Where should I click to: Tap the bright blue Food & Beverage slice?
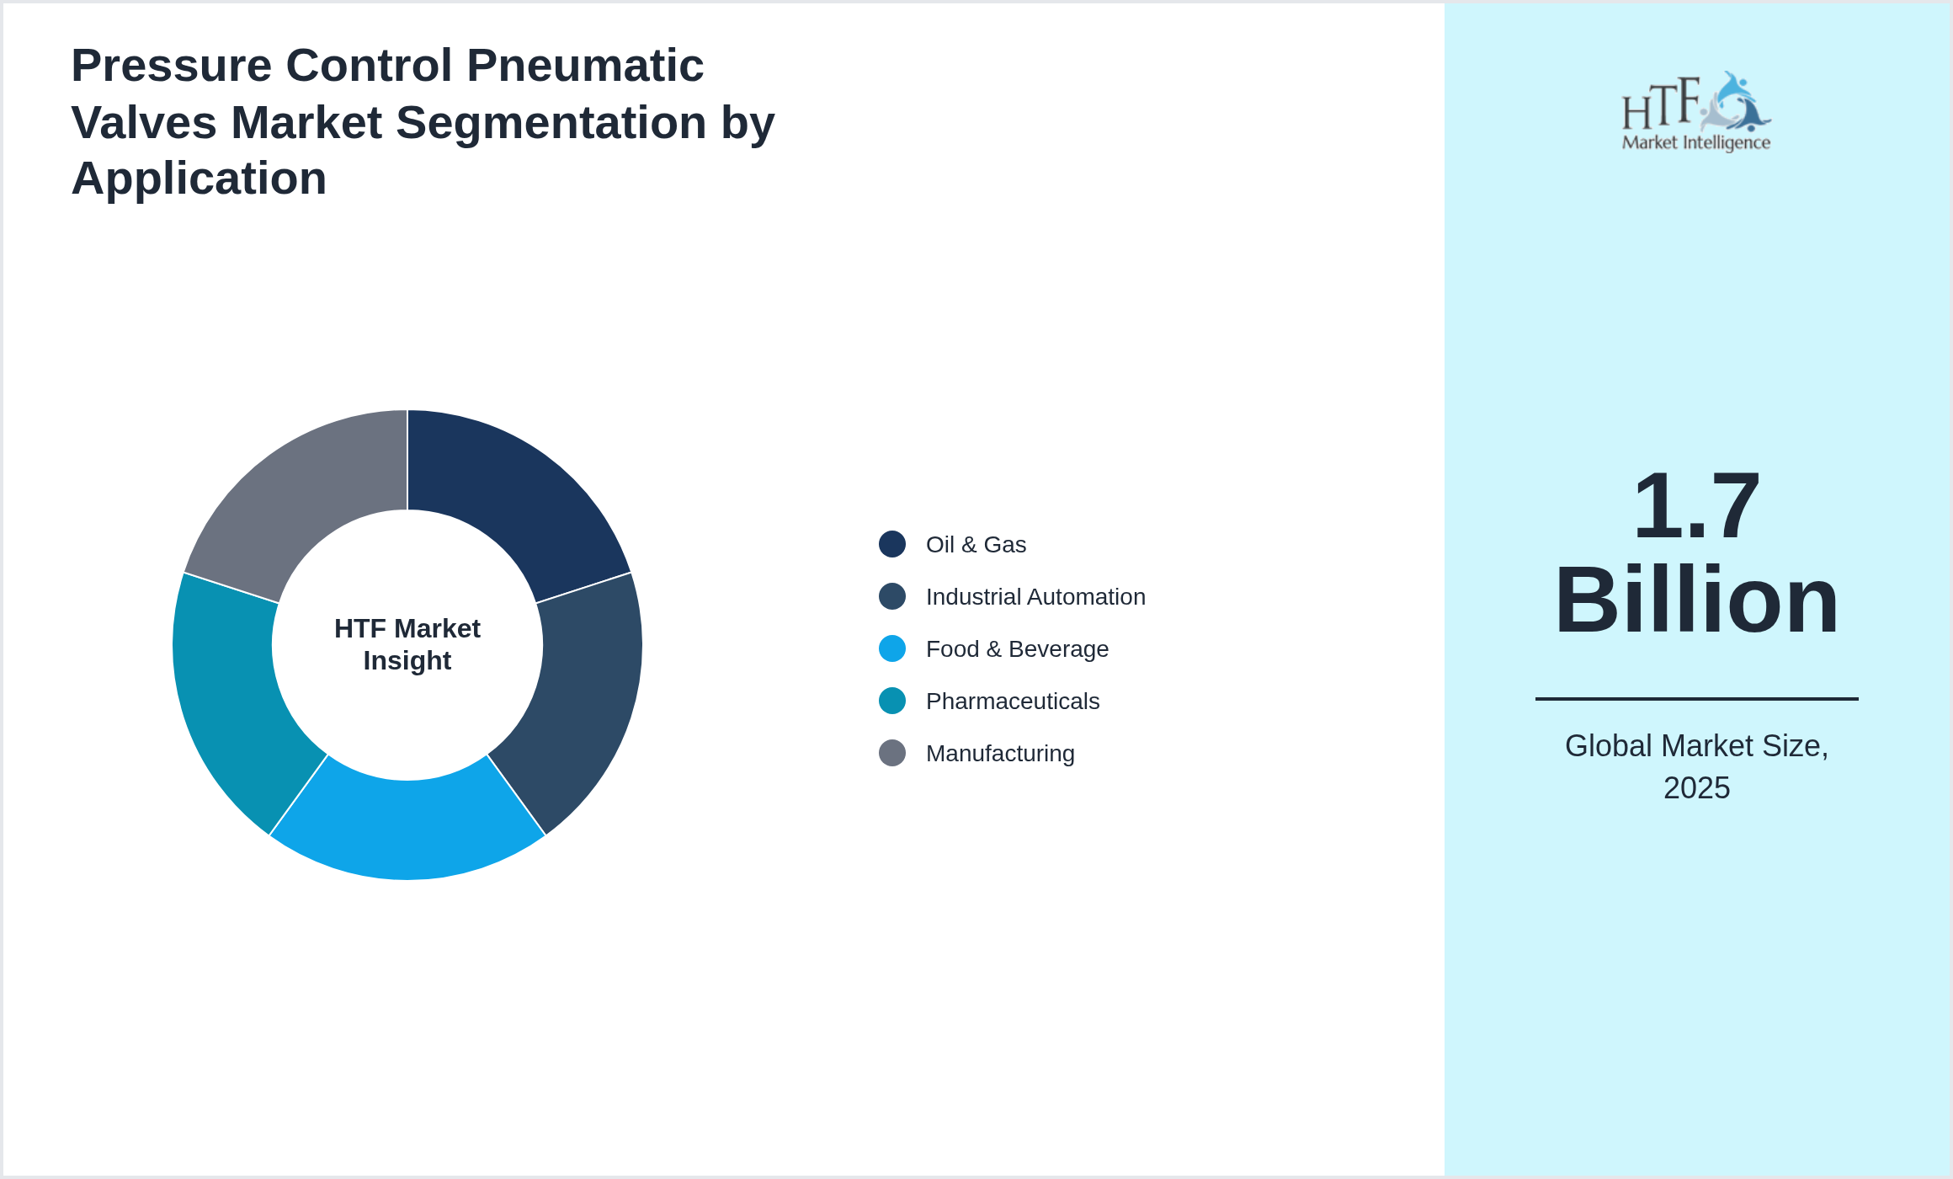click(x=407, y=830)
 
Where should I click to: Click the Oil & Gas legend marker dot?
click(x=892, y=544)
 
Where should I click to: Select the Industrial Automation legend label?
click(x=1035, y=597)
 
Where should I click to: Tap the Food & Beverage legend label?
click(x=1017, y=649)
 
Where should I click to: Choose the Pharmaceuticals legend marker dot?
click(x=892, y=701)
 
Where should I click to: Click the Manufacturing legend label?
click(x=1000, y=754)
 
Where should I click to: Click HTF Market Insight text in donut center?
click(x=407, y=644)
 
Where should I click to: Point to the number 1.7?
click(x=1695, y=506)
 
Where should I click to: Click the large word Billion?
click(x=1695, y=600)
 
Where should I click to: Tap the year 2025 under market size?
click(x=1696, y=788)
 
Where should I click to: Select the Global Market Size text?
click(x=1696, y=746)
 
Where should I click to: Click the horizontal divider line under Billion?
click(x=1696, y=698)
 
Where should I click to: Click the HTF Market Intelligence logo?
click(x=1695, y=112)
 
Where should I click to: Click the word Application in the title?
click(x=199, y=179)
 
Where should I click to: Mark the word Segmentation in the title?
click(x=551, y=123)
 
